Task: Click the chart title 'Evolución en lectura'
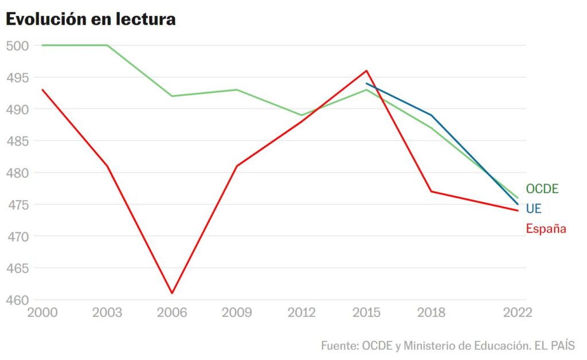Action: point(91,19)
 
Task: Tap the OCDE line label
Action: point(542,189)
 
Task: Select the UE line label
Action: point(533,209)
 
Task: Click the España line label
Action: point(546,229)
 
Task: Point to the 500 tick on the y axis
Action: point(17,45)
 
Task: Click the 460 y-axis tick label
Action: point(17,300)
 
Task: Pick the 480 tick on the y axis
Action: point(17,173)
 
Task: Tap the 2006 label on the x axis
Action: point(172,313)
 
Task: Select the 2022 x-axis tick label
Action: point(518,313)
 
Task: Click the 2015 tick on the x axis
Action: point(366,313)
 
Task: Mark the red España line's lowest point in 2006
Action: point(172,293)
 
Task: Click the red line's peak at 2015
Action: point(366,71)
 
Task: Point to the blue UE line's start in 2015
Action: point(366,84)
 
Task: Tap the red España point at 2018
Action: point(431,191)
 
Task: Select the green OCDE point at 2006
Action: point(172,96)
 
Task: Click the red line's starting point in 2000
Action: point(42,89)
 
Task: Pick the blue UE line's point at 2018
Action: point(431,115)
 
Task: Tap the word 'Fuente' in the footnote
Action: point(339,346)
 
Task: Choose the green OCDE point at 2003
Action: point(107,45)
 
